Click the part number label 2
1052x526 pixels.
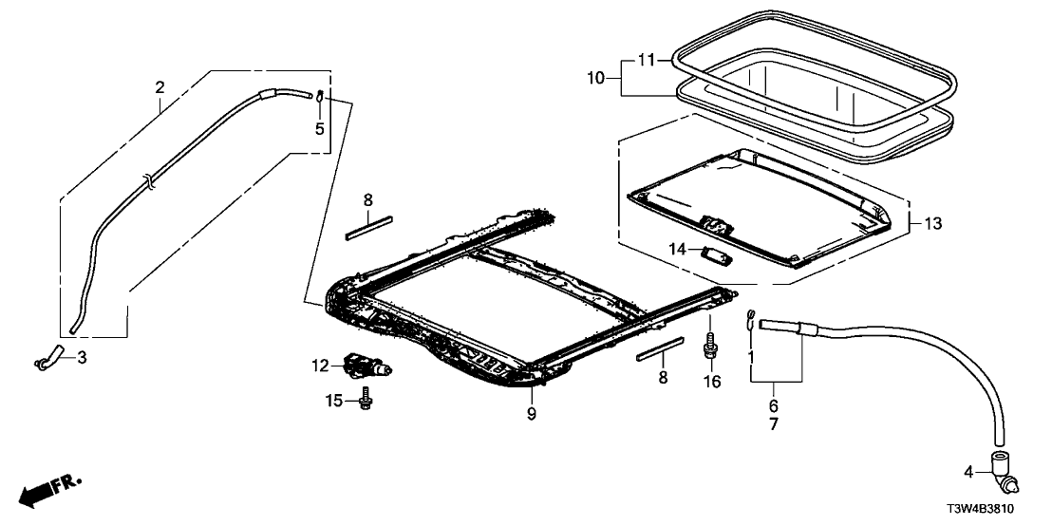pos(160,88)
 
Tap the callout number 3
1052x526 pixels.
pos(83,358)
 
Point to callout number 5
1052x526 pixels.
pos(320,128)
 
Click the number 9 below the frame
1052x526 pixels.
pos(532,413)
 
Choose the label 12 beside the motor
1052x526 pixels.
pos(319,366)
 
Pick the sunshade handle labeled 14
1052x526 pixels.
pos(712,253)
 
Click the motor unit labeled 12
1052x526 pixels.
pos(366,364)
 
